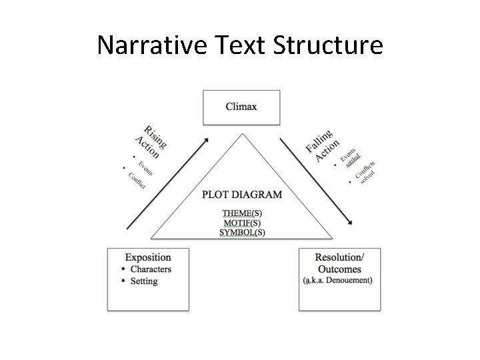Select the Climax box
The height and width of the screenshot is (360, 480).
pos(241,107)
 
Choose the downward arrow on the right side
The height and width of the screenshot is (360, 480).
pos(317,180)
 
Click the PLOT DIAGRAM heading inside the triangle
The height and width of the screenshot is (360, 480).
pos(241,195)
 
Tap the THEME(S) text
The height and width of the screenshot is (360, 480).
pos(242,213)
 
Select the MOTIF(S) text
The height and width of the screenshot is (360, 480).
pos(242,223)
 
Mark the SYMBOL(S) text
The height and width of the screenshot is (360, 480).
pos(242,233)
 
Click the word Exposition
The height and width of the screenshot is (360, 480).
pos(148,257)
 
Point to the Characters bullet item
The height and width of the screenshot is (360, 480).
pos(151,269)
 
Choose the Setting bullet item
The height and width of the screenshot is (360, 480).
pos(144,281)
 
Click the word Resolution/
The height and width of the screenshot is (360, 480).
pos(340,257)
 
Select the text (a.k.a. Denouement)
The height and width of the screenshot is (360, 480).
pos(338,281)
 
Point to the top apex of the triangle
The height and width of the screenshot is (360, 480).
pos(242,134)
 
